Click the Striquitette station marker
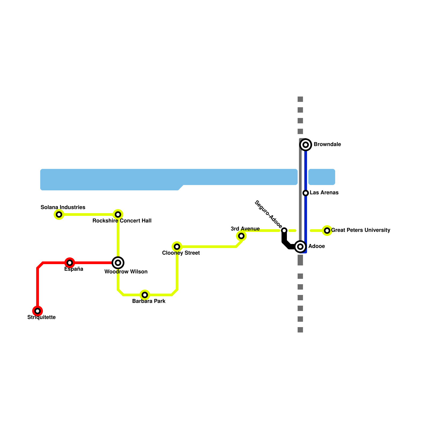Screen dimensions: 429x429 point(38,311)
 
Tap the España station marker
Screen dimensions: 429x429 point(70,263)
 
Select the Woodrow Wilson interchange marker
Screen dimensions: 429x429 point(118,263)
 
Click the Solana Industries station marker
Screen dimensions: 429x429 point(59,214)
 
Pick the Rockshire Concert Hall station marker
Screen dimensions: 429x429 point(118,214)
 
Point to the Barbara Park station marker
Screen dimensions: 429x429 point(145,295)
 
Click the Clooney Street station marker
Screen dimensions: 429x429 point(177,247)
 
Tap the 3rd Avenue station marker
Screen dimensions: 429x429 point(241,236)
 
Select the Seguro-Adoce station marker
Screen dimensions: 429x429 point(284,231)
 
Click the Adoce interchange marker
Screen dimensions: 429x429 point(300,247)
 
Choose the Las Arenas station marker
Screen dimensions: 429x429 point(306,193)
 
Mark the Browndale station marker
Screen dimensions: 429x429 point(306,145)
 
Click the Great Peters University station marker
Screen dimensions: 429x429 point(327,231)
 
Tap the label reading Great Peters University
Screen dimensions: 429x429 point(361,230)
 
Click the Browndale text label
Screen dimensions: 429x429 point(327,144)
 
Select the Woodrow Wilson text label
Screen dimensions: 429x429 point(126,272)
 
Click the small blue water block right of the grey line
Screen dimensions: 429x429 point(322,177)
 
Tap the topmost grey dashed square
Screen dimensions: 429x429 point(300,99)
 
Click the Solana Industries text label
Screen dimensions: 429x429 point(63,207)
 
